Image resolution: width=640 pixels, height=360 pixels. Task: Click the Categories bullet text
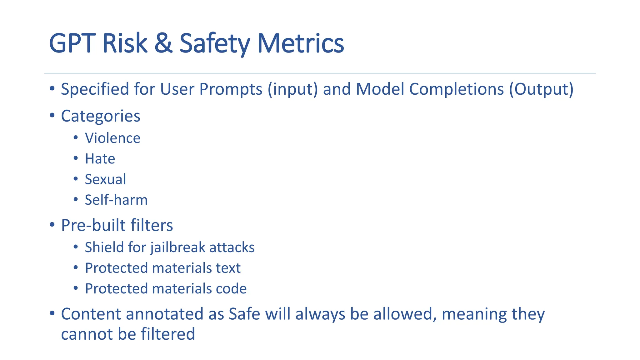click(x=100, y=116)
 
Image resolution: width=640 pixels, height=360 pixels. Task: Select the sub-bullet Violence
click(x=112, y=138)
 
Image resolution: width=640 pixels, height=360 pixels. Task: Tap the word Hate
click(x=100, y=159)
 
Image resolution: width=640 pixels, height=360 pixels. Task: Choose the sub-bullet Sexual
click(x=105, y=179)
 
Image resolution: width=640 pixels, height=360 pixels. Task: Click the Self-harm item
click(x=116, y=200)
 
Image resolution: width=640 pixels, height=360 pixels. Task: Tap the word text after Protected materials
click(x=228, y=268)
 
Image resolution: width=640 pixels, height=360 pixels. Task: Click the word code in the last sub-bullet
click(x=231, y=289)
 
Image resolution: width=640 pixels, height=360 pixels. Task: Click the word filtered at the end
click(x=168, y=334)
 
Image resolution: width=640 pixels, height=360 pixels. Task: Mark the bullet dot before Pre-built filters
click(x=52, y=224)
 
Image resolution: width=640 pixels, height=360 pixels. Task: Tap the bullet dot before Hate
click(x=76, y=158)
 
